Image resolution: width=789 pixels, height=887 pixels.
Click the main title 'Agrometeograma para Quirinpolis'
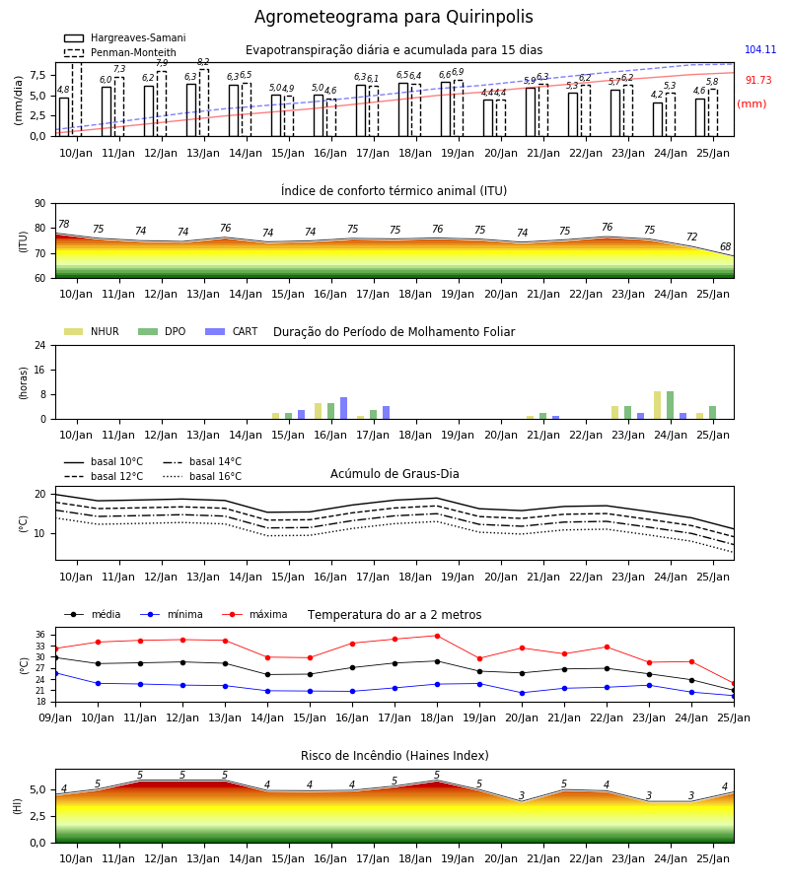click(394, 17)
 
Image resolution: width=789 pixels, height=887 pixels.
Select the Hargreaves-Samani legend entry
click(124, 37)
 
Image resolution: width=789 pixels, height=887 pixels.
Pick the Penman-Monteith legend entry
click(120, 52)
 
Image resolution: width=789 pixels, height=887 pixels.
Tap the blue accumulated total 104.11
click(760, 50)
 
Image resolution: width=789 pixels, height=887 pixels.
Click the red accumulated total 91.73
click(758, 81)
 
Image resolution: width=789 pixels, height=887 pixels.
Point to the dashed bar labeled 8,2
click(204, 102)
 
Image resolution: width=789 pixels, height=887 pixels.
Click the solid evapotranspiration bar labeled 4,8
click(64, 117)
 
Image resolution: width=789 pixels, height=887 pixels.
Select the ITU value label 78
click(64, 224)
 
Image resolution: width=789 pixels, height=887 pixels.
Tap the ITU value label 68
click(725, 246)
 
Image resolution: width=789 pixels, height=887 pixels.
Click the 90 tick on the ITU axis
click(40, 204)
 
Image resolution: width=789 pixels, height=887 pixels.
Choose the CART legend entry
click(232, 331)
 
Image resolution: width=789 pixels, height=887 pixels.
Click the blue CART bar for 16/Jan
click(343, 408)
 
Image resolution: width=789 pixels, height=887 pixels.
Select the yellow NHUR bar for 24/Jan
click(657, 406)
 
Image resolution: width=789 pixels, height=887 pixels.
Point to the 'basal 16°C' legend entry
click(202, 476)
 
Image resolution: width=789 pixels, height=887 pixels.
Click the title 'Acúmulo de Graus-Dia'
click(394, 474)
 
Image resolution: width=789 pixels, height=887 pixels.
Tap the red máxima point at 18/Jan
click(437, 636)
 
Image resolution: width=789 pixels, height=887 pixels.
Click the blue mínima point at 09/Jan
click(55, 673)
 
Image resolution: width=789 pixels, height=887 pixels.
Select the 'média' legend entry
click(93, 614)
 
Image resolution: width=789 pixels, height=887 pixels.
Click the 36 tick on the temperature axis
click(40, 636)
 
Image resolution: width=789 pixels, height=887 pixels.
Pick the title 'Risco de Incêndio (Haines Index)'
click(394, 756)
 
